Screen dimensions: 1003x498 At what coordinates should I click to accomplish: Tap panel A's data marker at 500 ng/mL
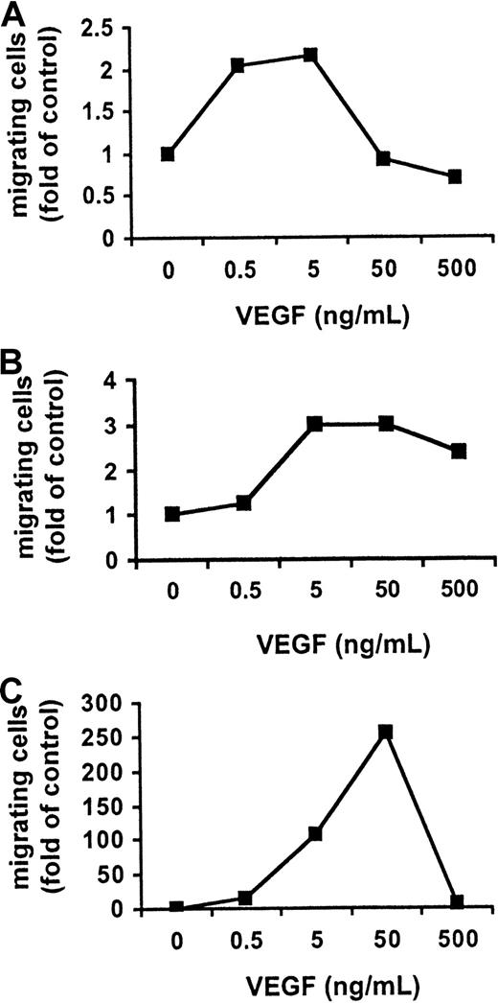click(455, 176)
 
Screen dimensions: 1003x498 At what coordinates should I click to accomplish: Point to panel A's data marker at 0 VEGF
click(169, 154)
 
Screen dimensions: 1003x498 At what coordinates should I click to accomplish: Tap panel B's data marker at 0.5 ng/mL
click(243, 502)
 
